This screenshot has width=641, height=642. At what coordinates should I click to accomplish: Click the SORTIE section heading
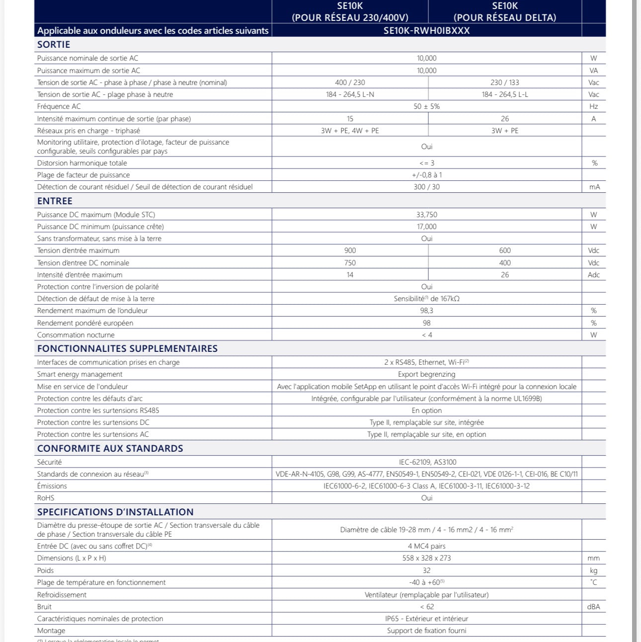(x=54, y=45)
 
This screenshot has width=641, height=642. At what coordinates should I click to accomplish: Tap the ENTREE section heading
(x=55, y=201)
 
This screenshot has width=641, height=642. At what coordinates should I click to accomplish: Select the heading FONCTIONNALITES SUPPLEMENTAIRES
(x=127, y=349)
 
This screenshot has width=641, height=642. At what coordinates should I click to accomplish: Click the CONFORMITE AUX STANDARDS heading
(x=110, y=449)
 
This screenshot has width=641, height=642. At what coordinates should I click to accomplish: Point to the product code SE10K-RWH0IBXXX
(x=426, y=31)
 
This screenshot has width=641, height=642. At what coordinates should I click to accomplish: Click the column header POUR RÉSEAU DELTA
(x=504, y=18)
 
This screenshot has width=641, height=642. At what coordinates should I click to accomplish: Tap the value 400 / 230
(x=350, y=82)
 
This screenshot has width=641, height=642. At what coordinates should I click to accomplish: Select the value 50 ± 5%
(x=426, y=106)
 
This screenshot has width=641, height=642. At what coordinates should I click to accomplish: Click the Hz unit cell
(x=593, y=106)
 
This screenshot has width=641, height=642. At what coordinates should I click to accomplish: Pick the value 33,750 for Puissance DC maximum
(x=426, y=215)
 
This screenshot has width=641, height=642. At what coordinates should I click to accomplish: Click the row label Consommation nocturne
(x=76, y=335)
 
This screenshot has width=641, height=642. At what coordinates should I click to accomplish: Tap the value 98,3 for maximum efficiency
(x=426, y=311)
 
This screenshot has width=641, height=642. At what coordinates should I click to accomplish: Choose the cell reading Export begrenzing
(x=426, y=374)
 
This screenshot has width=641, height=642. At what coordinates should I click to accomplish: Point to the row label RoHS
(x=46, y=498)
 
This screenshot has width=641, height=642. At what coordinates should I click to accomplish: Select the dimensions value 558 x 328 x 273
(x=426, y=558)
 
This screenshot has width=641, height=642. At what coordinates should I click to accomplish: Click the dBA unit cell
(x=593, y=607)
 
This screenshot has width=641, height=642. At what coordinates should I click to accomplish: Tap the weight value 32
(x=426, y=570)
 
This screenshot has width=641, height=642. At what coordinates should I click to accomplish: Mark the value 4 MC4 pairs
(x=426, y=546)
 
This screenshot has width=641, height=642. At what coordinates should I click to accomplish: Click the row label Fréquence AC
(x=59, y=106)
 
